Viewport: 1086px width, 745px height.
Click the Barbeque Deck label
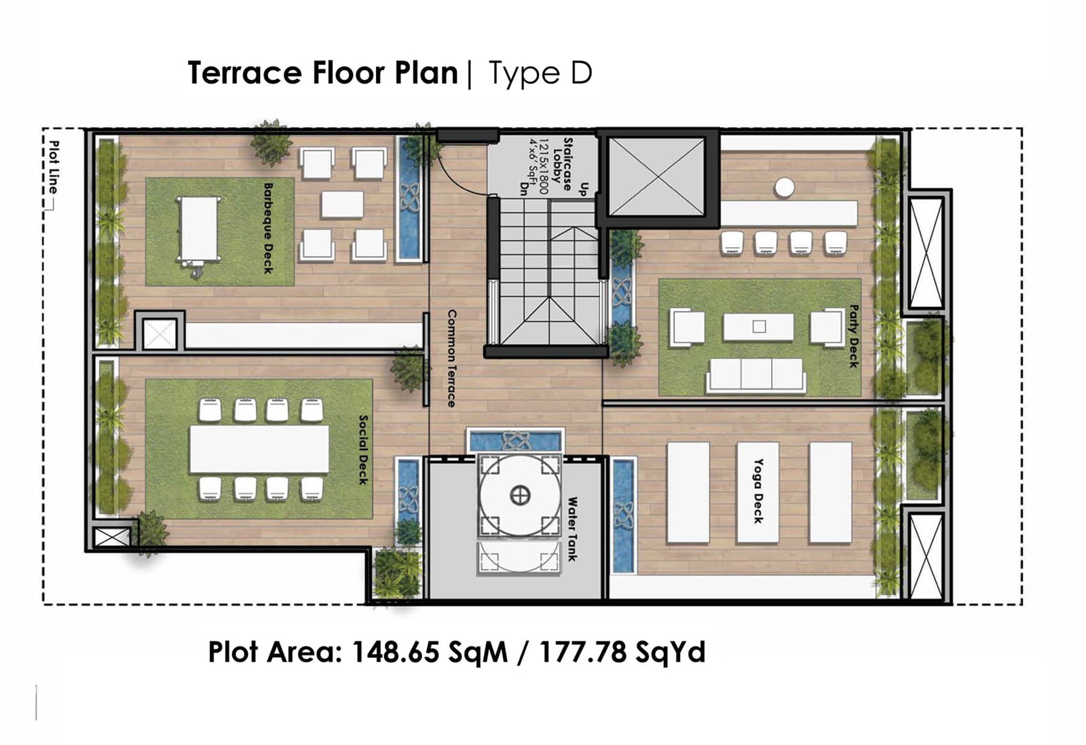(268, 228)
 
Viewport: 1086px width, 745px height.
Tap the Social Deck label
(363, 450)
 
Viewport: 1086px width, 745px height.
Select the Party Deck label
(854, 336)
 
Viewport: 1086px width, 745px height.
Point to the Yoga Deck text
(759, 491)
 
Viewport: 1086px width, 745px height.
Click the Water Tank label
(572, 528)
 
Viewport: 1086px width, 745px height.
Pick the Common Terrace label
(451, 359)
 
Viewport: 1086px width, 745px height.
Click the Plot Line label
(54, 167)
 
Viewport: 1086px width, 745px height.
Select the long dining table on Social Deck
(259, 449)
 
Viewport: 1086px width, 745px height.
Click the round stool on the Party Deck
(784, 187)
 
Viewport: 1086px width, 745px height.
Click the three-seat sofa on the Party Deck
(755, 375)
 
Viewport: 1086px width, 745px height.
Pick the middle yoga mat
(757, 492)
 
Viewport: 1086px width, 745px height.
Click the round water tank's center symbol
(520, 495)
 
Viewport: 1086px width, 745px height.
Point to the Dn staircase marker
(523, 187)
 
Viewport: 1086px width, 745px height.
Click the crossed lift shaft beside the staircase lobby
(657, 177)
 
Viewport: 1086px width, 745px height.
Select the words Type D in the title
(540, 73)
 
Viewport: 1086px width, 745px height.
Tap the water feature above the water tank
(515, 441)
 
